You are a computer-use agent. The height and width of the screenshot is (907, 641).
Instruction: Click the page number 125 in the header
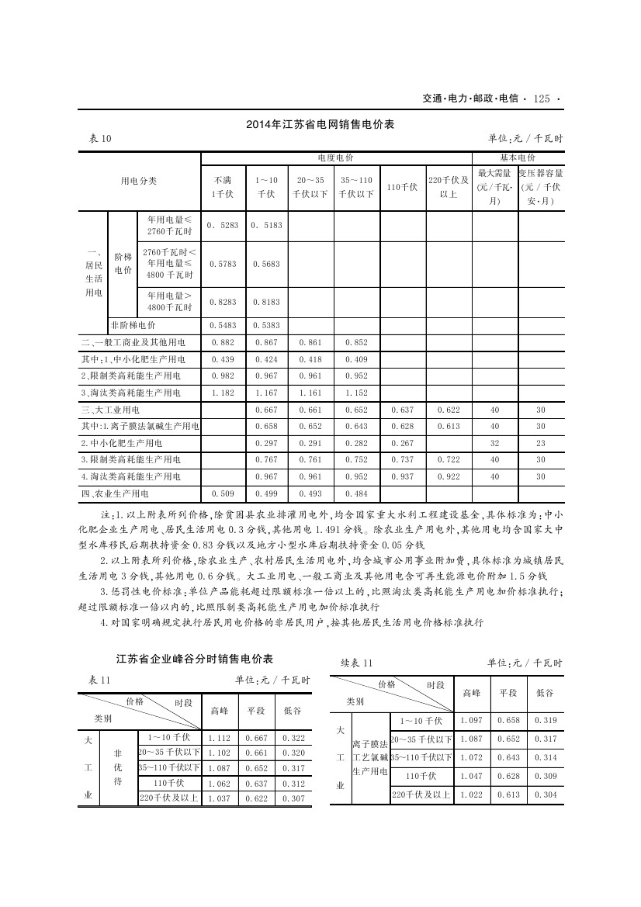tap(542, 99)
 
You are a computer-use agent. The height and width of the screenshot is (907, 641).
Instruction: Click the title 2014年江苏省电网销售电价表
tap(320, 124)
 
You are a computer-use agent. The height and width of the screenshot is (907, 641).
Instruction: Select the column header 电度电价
tap(337, 158)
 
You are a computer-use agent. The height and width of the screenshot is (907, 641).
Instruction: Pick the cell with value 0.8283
tap(223, 302)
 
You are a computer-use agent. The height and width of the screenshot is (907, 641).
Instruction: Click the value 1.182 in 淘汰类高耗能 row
tap(223, 393)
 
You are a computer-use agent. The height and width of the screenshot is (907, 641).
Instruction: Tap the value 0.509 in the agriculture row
tap(223, 493)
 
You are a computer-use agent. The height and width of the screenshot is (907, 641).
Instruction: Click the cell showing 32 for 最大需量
tap(495, 443)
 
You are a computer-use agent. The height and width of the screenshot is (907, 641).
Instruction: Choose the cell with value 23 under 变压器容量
tap(541, 443)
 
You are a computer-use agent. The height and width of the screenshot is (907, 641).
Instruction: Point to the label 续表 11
tap(358, 663)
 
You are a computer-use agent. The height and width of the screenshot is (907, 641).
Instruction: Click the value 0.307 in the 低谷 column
tap(293, 799)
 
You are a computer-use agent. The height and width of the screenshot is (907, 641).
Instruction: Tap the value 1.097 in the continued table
tap(471, 721)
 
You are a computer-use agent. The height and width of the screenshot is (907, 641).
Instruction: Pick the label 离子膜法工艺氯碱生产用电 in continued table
tap(369, 758)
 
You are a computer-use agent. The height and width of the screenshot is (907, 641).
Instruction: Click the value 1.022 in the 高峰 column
tap(471, 794)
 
